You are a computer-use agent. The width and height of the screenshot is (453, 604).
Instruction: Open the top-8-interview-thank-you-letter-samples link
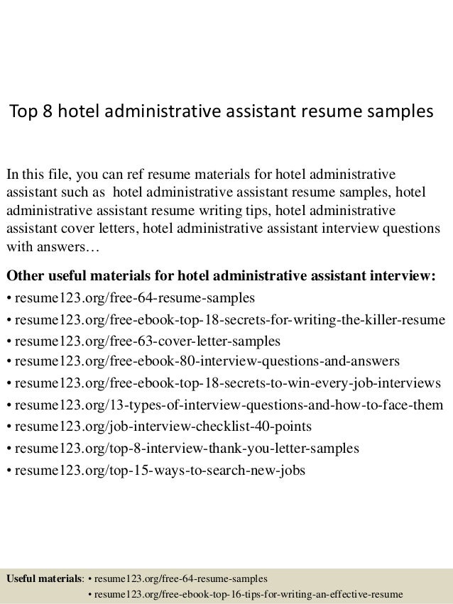point(185,449)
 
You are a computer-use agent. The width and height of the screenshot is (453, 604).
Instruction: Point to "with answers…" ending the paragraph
point(54,249)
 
